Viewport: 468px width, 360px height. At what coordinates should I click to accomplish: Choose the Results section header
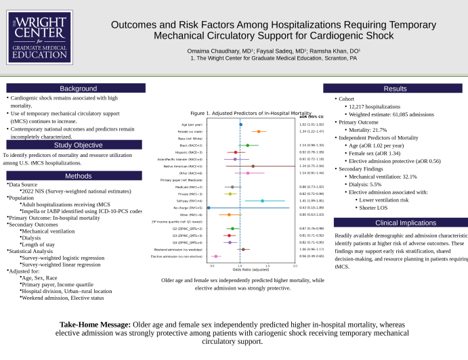pyautogui.click(x=395, y=89)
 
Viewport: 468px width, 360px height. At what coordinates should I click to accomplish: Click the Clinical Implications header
pyautogui.click(x=395, y=222)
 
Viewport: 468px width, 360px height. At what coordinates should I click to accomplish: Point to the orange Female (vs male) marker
pyautogui.click(x=259, y=131)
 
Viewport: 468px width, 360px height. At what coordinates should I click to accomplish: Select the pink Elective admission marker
pyautogui.click(x=216, y=256)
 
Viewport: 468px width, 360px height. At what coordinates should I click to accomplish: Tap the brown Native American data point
pyautogui.click(x=253, y=166)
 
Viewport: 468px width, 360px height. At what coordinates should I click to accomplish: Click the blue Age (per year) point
pyautogui.click(x=240, y=125)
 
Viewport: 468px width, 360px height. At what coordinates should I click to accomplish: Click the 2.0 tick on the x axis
pyautogui.click(x=295, y=266)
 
